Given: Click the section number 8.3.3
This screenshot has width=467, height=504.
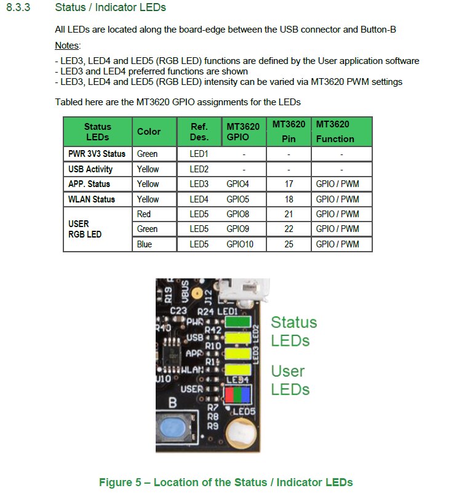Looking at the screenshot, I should [x=18, y=8].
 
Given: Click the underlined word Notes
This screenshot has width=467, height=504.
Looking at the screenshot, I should [x=67, y=46].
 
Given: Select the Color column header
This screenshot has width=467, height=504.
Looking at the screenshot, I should [x=148, y=132].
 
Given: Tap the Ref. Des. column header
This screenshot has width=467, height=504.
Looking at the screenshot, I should [x=199, y=132].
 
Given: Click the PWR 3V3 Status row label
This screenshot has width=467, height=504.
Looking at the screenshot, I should [x=97, y=154].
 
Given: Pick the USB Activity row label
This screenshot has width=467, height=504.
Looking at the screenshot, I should [x=90, y=169].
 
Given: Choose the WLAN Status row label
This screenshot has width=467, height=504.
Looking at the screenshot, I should [x=92, y=199].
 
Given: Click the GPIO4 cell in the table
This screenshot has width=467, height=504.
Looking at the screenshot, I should [x=237, y=184].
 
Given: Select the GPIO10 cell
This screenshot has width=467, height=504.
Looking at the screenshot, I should [x=239, y=244].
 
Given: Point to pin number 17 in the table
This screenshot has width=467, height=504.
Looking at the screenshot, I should [x=289, y=184].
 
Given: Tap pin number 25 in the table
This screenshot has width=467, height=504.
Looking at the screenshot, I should [x=289, y=244].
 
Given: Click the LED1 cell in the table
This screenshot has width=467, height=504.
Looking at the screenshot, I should [x=199, y=154].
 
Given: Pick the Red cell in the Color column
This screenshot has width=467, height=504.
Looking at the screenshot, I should [x=144, y=214].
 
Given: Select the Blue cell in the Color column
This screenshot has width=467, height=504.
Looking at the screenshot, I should [x=144, y=244].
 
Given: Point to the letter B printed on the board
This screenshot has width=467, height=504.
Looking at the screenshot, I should [x=173, y=404].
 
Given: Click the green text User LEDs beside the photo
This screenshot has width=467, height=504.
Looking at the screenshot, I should [x=290, y=380].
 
